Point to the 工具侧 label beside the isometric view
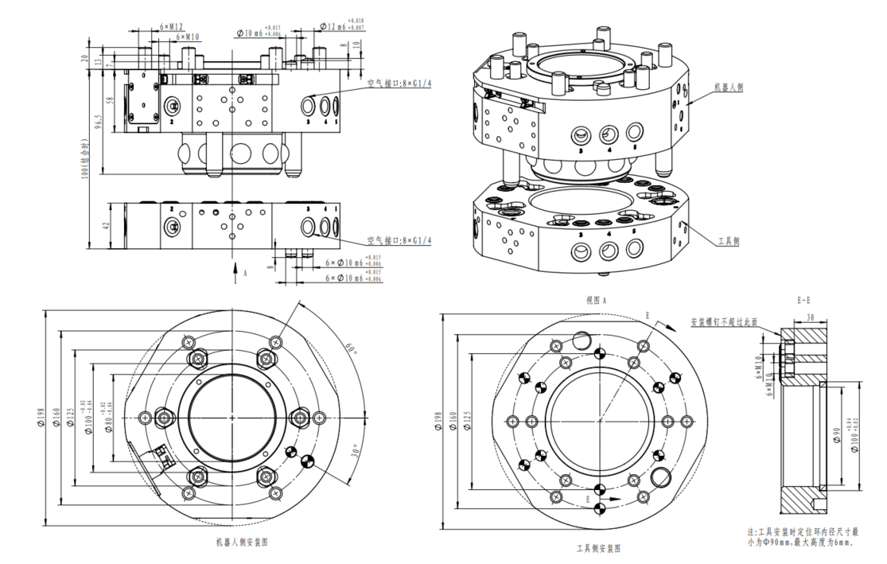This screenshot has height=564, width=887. click(x=728, y=239)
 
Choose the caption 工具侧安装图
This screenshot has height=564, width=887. click(x=599, y=549)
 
